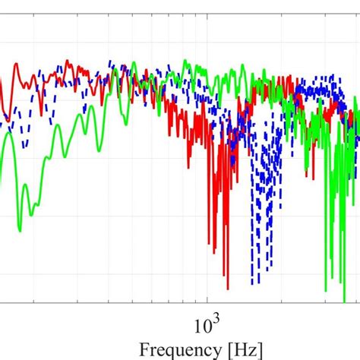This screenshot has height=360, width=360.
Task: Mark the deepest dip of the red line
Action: click(227, 288)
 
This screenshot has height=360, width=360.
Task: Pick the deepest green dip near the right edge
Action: click(326, 290)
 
